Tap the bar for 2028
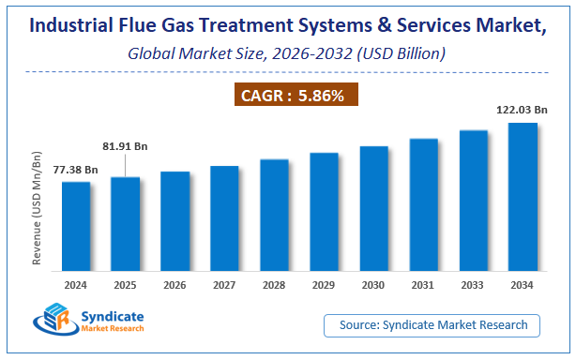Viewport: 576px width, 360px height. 274,217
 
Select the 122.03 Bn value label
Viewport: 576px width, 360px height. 523,110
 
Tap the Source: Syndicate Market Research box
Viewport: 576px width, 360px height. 432,325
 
